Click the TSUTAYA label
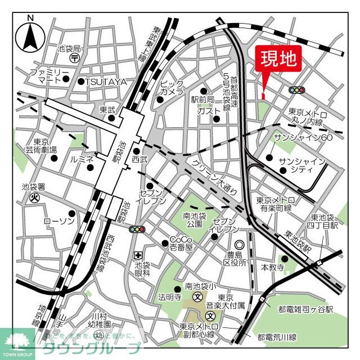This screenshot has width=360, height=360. [x=106, y=82]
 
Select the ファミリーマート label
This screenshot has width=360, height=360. [x=49, y=78]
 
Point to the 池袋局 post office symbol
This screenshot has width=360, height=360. [x=73, y=58]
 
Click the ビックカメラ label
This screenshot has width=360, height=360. [x=172, y=87]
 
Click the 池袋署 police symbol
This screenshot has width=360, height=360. [x=34, y=197]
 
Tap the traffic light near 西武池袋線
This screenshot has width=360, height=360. [x=137, y=229]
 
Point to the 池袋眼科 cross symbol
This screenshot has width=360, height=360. [x=138, y=256]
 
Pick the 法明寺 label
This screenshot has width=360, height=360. [x=169, y=296]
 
